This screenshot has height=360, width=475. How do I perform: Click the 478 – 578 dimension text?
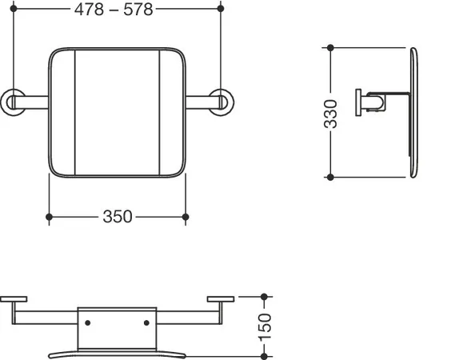pyautogui.click(x=114, y=10)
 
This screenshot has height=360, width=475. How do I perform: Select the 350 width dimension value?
pyautogui.click(x=118, y=216)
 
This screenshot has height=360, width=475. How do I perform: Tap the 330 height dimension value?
pyautogui.click(x=330, y=114)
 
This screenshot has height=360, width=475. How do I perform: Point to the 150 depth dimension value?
pyautogui.click(x=265, y=327)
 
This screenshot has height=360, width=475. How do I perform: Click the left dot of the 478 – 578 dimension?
pyautogui.click(x=14, y=9)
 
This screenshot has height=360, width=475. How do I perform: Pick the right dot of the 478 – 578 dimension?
pyautogui.click(x=221, y=9)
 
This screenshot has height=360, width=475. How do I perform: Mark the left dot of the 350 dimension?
pyautogui.click(x=49, y=217)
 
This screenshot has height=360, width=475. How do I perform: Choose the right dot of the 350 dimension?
pyautogui.click(x=186, y=217)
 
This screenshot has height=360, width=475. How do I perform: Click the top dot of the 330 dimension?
pyautogui.click(x=330, y=47)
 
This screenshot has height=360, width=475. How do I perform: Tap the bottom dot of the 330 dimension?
pyautogui.click(x=330, y=178)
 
